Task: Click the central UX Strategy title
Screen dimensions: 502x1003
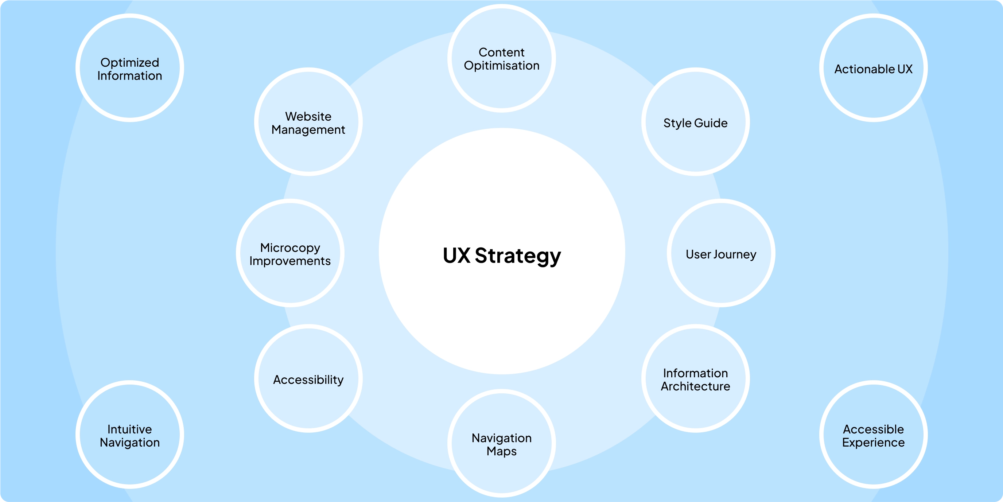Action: (502, 256)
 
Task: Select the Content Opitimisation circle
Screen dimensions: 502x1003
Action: (502, 58)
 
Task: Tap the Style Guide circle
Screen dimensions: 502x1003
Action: (695, 122)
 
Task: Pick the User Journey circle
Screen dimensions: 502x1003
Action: (721, 253)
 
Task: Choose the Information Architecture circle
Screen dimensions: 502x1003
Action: (695, 379)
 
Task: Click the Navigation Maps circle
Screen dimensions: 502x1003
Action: (502, 444)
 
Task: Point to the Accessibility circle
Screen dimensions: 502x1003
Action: (308, 379)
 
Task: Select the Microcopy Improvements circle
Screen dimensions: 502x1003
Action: (290, 253)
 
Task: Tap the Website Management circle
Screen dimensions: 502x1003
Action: (308, 122)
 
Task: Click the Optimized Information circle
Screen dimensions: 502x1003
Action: (130, 68)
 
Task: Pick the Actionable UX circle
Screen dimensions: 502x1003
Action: (873, 68)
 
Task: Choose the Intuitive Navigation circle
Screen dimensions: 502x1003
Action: (130, 435)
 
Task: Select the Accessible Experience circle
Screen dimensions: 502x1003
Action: (873, 435)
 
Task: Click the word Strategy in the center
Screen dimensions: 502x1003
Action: (518, 256)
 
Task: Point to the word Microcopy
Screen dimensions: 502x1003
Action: (290, 248)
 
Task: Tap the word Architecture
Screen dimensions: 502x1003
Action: (695, 386)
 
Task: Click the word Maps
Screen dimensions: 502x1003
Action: (502, 451)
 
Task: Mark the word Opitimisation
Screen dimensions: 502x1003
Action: (502, 65)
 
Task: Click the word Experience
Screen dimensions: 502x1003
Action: (873, 443)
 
